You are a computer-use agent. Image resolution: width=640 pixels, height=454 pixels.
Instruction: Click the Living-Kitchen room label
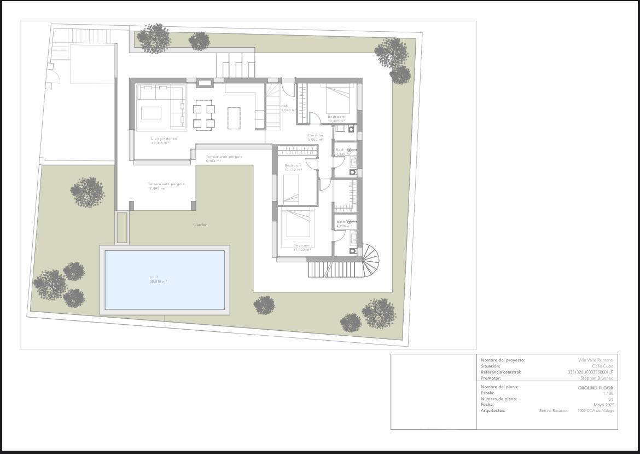point(164,139)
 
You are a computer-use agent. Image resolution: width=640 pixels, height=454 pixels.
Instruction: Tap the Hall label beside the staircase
point(284,106)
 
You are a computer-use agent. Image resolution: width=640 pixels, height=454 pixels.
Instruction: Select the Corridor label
point(316,135)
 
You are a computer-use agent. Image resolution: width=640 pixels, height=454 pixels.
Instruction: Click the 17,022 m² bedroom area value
point(302,249)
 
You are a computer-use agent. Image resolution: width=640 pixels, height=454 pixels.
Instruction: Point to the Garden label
point(200,225)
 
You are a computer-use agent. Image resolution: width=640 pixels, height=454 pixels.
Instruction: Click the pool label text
point(154,277)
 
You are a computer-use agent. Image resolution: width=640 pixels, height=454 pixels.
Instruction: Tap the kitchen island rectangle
point(234,118)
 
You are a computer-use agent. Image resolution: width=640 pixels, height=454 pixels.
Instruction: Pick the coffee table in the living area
point(151,113)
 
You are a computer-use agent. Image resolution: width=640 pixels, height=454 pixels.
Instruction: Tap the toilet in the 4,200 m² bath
point(352,251)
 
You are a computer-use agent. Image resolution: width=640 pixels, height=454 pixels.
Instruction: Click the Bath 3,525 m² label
point(340,152)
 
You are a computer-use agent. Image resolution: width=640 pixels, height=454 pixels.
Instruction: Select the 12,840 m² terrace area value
point(156,188)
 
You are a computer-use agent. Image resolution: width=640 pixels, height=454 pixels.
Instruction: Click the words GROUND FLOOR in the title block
point(595,388)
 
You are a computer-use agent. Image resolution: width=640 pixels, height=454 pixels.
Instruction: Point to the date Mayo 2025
point(603,405)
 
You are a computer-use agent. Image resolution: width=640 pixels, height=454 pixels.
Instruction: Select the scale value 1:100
point(608,393)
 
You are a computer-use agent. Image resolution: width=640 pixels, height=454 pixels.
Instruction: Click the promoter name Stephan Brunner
point(596,378)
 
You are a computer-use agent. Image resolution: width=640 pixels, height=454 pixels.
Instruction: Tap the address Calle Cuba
point(602,366)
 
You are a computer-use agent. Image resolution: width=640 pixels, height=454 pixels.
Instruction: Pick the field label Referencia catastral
point(501,372)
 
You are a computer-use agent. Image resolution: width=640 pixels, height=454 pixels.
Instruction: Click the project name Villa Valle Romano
point(595,360)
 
